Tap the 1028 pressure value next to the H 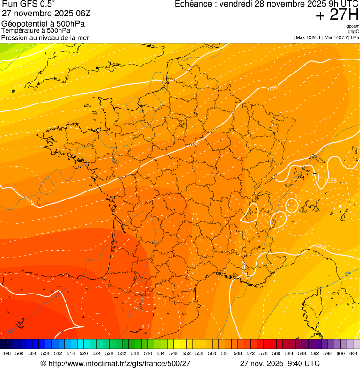click(x=331, y=180)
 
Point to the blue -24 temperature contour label click(x=347, y=273)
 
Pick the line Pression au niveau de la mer click(x=45, y=37)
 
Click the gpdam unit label click(x=353, y=26)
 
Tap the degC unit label click(x=353, y=31)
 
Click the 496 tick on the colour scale click(x=7, y=354)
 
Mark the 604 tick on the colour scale click(x=353, y=354)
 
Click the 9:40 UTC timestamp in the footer click(x=304, y=363)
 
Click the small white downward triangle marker click(x=340, y=206)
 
